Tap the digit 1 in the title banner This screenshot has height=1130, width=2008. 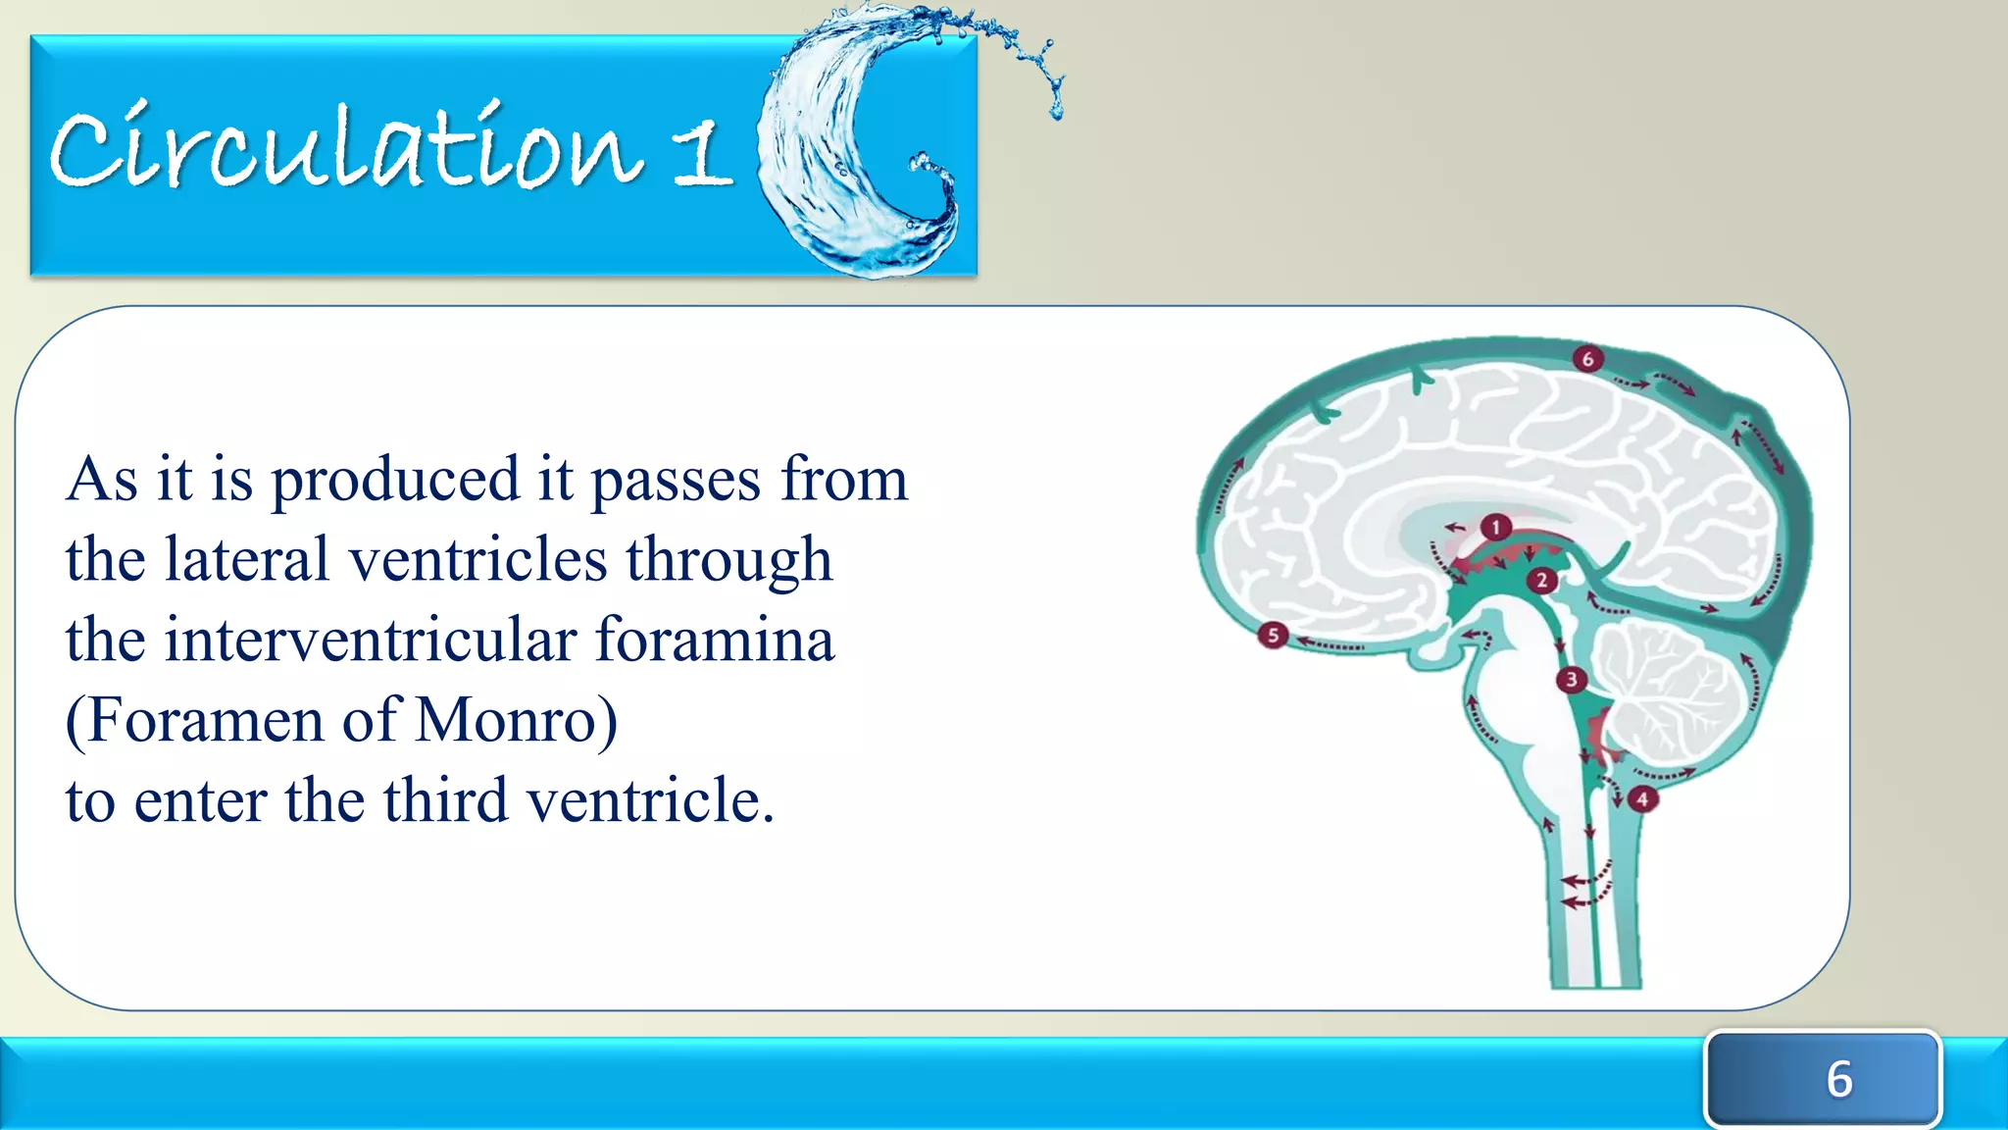(702, 155)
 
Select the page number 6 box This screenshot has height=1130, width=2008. (1823, 1078)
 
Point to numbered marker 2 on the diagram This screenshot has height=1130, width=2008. (1541, 581)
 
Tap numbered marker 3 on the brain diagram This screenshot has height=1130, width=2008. (1572, 680)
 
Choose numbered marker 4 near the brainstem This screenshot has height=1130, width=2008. (1642, 799)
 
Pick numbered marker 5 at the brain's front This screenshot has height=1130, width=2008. (1273, 636)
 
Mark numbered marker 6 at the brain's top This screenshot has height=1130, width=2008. (1587, 359)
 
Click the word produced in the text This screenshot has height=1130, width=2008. (394, 481)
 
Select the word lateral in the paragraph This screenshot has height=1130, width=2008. (246, 560)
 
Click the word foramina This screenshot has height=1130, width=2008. (715, 641)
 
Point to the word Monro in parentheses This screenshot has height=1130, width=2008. (506, 721)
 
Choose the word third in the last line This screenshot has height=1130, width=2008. (445, 800)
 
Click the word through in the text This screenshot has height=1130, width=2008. (729, 562)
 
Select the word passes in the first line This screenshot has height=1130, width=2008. (676, 482)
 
